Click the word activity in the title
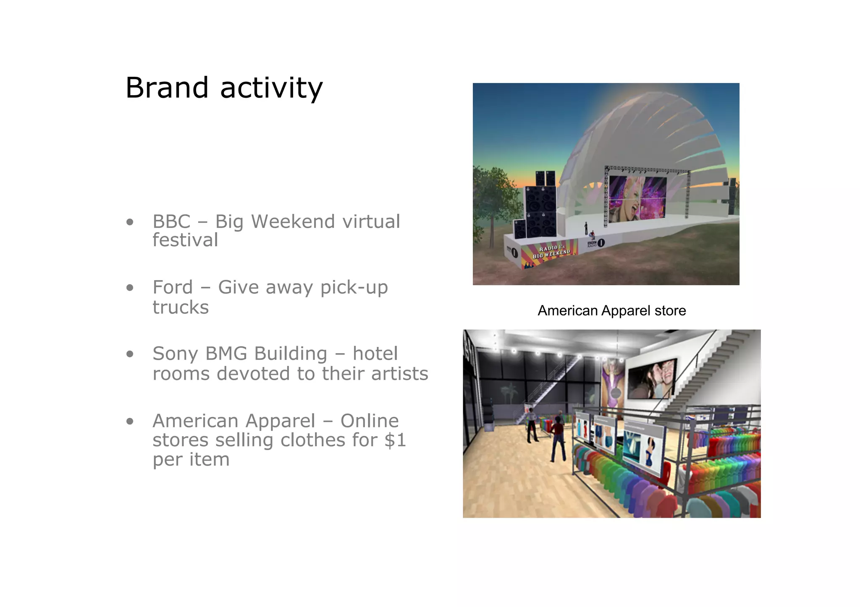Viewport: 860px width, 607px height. click(x=271, y=89)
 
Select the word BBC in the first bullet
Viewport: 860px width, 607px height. click(x=171, y=221)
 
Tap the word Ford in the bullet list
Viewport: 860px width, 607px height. click(x=172, y=287)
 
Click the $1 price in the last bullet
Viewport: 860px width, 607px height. click(x=395, y=440)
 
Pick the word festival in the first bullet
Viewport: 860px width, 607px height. click(x=185, y=240)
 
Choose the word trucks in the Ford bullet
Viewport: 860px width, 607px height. click(x=181, y=307)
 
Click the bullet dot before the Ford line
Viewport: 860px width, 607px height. click(x=130, y=288)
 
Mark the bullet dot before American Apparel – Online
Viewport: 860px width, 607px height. click(x=130, y=421)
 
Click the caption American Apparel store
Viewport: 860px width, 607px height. click(x=611, y=310)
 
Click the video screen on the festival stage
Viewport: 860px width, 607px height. click(x=637, y=198)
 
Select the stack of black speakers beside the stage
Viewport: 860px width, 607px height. click(x=540, y=208)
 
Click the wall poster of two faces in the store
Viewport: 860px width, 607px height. click(x=651, y=379)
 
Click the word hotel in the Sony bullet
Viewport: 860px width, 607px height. click(x=375, y=354)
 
